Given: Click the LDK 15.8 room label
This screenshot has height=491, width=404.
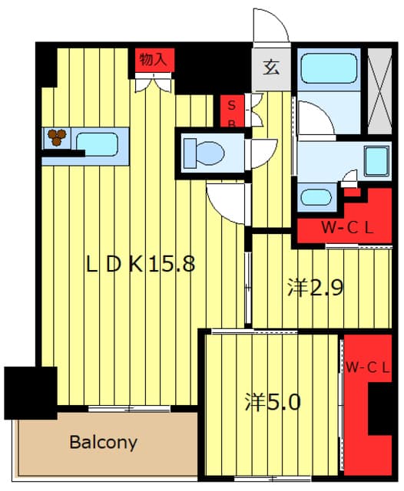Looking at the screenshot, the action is (140, 263).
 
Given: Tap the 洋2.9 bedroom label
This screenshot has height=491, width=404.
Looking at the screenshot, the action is (316, 288).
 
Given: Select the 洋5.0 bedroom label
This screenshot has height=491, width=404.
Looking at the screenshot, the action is (273, 402).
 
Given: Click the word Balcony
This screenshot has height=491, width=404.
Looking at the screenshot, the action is (104, 443).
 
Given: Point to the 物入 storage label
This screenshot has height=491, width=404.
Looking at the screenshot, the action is (153, 59).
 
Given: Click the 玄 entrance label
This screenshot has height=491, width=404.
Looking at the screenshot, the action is (271, 68).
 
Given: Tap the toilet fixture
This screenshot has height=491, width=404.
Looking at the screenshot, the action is (204, 153).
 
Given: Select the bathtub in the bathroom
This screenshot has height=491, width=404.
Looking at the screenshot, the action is (329, 68).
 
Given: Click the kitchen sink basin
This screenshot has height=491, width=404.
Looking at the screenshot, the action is (98, 144).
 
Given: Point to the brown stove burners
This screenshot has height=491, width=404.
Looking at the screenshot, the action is (57, 137).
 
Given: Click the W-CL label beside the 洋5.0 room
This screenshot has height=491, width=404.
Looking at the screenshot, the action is (368, 368).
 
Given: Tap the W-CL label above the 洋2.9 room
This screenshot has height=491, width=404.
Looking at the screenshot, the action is (348, 228).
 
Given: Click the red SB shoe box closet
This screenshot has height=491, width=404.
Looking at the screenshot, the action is (232, 110).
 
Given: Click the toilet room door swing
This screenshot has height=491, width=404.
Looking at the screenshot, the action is (264, 153).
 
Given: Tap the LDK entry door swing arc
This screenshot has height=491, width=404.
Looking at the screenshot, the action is (225, 203).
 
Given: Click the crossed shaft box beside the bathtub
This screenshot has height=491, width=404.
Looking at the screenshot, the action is (379, 91).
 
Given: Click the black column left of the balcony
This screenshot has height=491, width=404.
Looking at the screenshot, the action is (31, 393).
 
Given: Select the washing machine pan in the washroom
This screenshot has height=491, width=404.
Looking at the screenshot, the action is (377, 161).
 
